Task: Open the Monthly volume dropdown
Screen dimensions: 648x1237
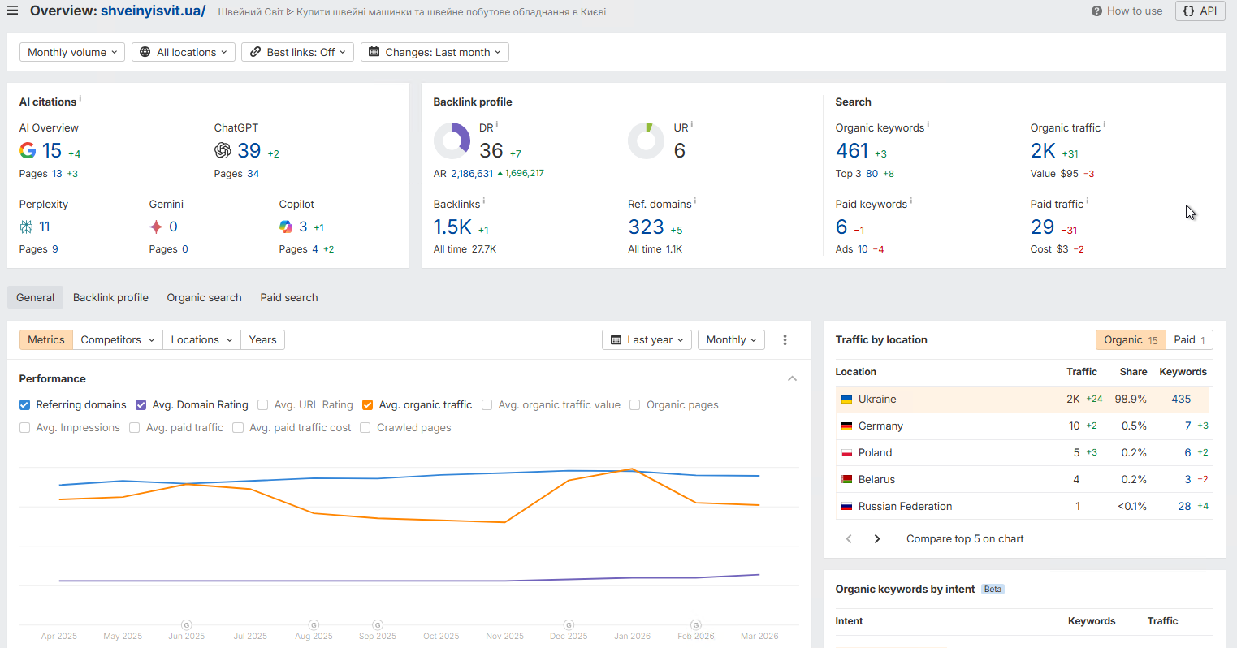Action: coord(72,52)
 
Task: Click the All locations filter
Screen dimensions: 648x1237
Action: coord(186,52)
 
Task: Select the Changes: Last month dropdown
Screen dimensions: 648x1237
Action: coord(435,52)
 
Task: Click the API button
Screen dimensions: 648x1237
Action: coord(1200,11)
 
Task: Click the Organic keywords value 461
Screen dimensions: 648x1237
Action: coord(852,151)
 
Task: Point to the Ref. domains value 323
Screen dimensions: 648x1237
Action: coord(646,227)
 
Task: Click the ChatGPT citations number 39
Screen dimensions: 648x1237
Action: coord(249,151)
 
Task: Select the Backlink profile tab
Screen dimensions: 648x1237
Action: coord(110,297)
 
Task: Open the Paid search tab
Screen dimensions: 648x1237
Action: coord(289,297)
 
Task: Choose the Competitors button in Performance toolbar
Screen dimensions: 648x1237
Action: coord(117,339)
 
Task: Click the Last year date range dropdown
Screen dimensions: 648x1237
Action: coord(647,339)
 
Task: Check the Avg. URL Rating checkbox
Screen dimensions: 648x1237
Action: coord(263,404)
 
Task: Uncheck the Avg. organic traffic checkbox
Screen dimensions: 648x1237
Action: coord(368,404)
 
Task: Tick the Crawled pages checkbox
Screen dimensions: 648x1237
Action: coord(365,427)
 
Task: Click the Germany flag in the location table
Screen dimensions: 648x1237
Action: coord(846,426)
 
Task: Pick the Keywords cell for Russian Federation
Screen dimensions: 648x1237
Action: coord(1184,506)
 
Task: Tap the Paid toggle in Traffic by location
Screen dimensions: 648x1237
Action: coord(1189,339)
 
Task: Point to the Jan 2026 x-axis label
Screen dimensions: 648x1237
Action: coord(632,636)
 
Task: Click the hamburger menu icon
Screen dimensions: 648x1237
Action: coord(12,11)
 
